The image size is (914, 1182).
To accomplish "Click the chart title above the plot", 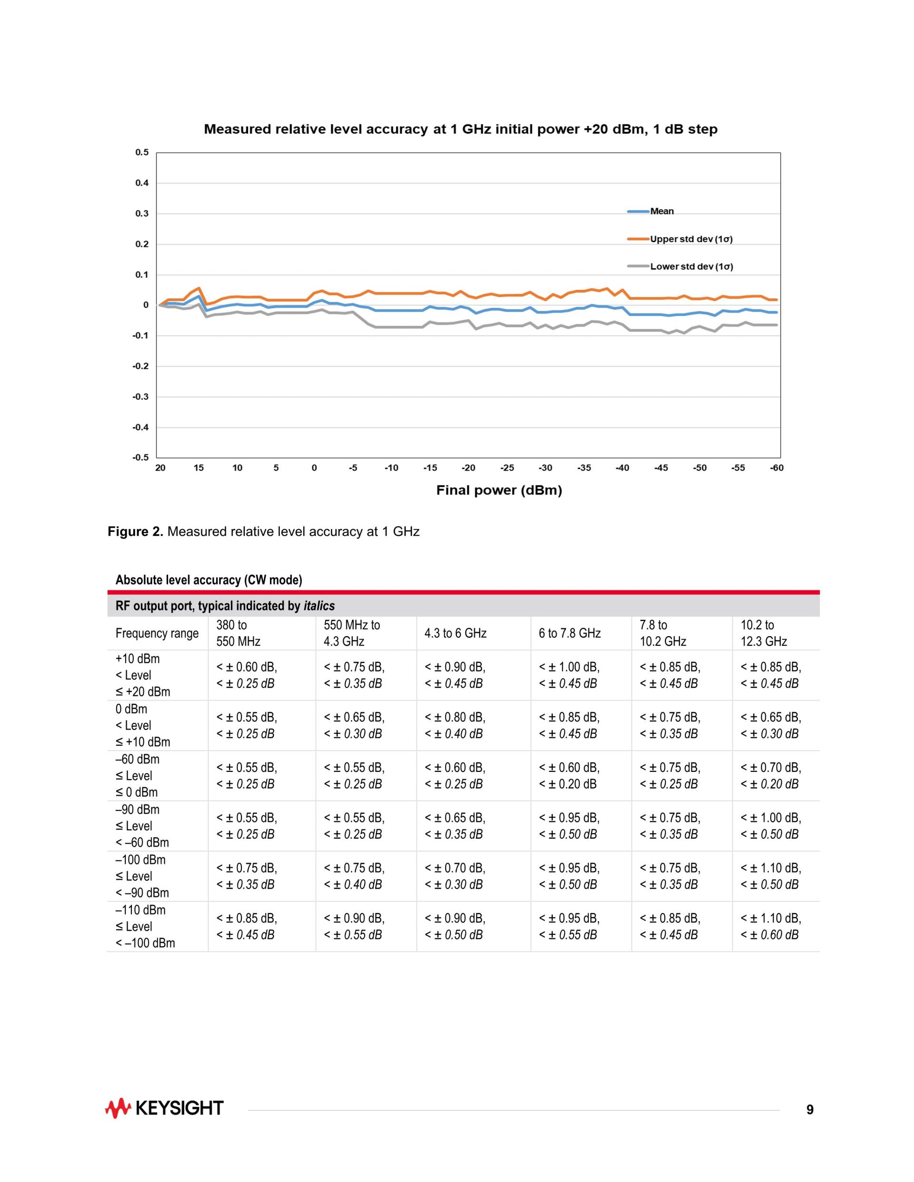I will click(460, 129).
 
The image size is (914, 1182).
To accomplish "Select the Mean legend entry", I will click(661, 211).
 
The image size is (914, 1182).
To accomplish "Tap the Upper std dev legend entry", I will click(690, 239).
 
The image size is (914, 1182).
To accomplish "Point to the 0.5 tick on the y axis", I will click(142, 153).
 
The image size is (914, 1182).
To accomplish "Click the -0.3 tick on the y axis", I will click(141, 397).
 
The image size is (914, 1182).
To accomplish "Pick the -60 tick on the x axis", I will click(776, 468).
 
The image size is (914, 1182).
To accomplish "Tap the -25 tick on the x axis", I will click(507, 468).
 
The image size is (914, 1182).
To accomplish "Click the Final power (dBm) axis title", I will click(499, 490).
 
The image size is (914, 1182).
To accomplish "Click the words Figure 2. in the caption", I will click(135, 532).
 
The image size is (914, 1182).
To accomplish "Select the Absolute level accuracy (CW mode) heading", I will click(209, 580).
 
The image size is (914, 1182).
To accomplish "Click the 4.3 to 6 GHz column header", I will click(456, 633).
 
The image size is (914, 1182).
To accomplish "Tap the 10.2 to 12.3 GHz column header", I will click(764, 633).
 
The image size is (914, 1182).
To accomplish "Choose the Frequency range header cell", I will click(157, 633).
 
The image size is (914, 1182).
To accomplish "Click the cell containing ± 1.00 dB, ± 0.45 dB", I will click(569, 675).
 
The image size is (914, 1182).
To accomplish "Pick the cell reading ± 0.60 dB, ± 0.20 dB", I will click(569, 776).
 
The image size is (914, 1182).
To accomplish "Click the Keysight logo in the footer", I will click(164, 1108).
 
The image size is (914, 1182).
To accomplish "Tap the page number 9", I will click(809, 1110).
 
